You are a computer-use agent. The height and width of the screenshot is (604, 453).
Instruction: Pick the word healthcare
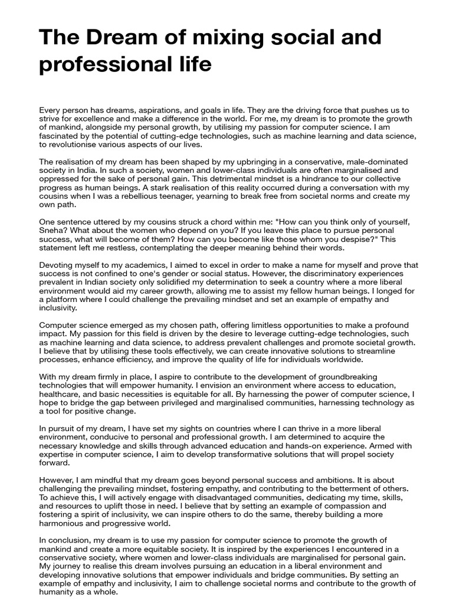pos(62,393)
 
